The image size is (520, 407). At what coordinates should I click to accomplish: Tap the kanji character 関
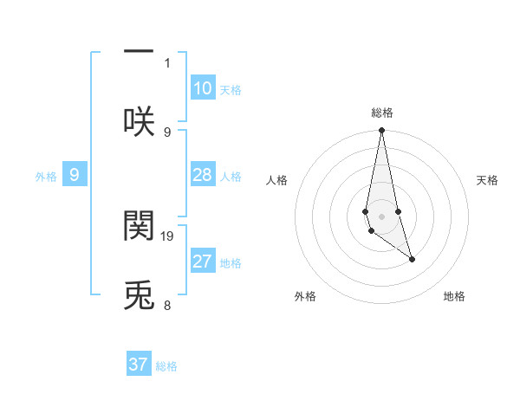click(x=139, y=224)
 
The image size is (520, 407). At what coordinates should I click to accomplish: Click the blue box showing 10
click(x=203, y=88)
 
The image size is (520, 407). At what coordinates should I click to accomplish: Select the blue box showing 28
click(x=203, y=176)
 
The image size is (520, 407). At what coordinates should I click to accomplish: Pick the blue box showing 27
click(x=203, y=262)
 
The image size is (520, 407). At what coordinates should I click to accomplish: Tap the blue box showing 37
click(x=139, y=365)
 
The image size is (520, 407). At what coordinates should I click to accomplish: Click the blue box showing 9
click(x=75, y=176)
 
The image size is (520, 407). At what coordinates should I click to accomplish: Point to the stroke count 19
click(x=168, y=236)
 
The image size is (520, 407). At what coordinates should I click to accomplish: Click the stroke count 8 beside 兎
click(x=167, y=305)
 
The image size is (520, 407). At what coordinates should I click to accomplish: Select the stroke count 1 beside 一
click(x=167, y=62)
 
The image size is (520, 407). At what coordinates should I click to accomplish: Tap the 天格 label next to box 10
click(x=231, y=90)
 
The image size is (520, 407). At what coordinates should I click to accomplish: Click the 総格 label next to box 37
click(x=166, y=366)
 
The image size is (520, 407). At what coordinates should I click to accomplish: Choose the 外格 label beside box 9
click(x=46, y=177)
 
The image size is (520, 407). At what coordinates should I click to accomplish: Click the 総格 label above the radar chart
click(x=382, y=113)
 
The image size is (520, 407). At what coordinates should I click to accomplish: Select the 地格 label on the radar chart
click(x=454, y=296)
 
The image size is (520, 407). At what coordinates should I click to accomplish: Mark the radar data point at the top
click(x=381, y=131)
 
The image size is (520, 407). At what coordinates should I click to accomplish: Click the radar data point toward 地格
click(x=412, y=259)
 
